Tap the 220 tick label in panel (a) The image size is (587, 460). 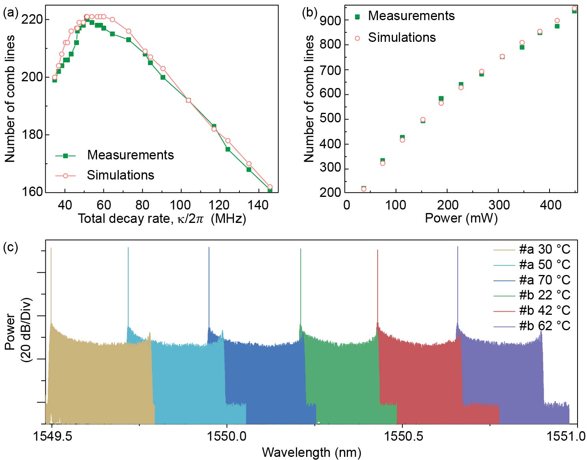tap(32, 19)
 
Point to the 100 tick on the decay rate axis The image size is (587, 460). tap(180, 205)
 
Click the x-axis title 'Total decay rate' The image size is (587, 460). tap(162, 218)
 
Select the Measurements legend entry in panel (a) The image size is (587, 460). tap(130, 155)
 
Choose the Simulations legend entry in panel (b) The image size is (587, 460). tap(402, 37)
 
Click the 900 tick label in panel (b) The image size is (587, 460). tap(331, 20)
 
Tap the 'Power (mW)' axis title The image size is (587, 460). tap(461, 218)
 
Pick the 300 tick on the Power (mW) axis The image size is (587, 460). tap(499, 205)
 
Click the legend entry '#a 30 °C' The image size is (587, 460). tap(544, 249)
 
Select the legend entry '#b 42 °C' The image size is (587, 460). tap(544, 310)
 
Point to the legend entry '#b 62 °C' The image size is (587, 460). tap(544, 326)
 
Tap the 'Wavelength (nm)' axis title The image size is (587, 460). tap(311, 452)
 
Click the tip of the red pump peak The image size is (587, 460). tap(378, 250)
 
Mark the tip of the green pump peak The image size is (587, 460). tap(301, 249)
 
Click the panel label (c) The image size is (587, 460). tap(11, 247)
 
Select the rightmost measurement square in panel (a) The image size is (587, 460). tap(270, 190)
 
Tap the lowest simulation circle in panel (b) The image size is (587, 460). tap(364, 189)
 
